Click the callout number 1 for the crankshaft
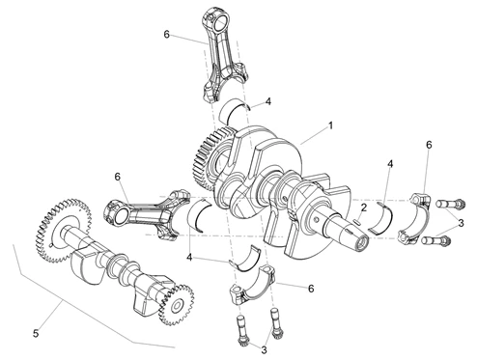point(330,125)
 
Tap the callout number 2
point(363,208)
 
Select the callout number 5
point(36,334)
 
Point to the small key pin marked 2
point(357,221)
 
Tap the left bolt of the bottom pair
point(242,331)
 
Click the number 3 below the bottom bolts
point(264,350)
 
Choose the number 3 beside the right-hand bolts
point(461,223)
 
